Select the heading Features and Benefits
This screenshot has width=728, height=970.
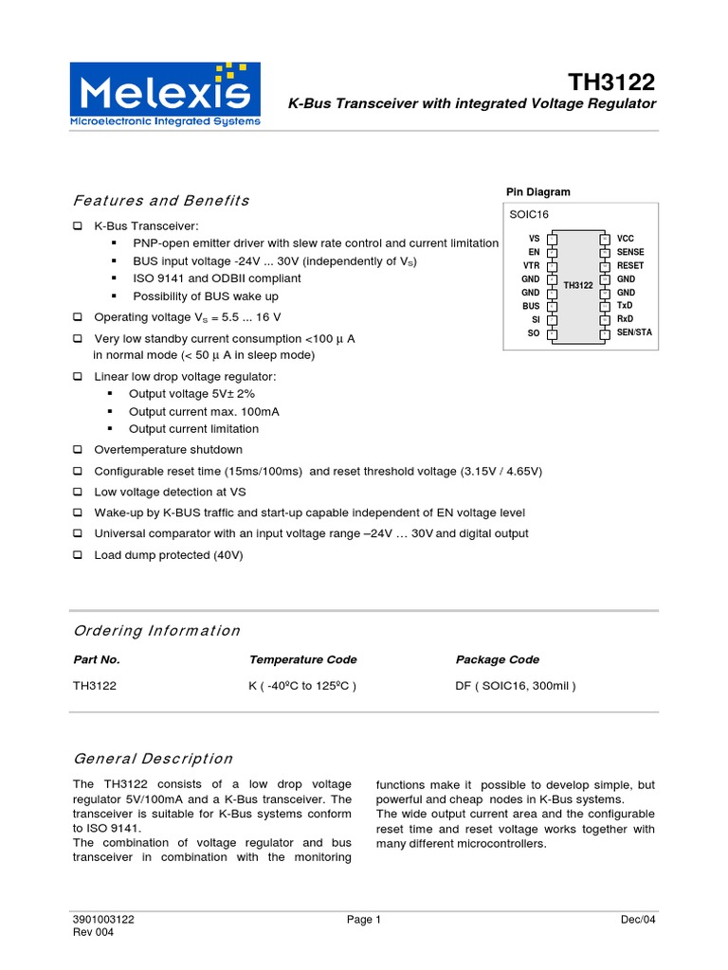pyautogui.click(x=161, y=201)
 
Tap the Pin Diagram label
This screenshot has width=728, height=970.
pyautogui.click(x=538, y=192)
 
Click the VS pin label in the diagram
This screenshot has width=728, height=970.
pyautogui.click(x=534, y=239)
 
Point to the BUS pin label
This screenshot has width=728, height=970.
pyautogui.click(x=531, y=306)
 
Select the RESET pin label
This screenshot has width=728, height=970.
pyautogui.click(x=630, y=266)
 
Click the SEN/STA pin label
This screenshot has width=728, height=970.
pyautogui.click(x=634, y=333)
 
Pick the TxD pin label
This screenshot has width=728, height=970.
pyautogui.click(x=625, y=306)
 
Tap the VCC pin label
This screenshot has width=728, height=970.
pyautogui.click(x=626, y=239)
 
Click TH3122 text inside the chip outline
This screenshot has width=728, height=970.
pyautogui.click(x=578, y=285)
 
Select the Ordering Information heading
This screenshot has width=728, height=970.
pyautogui.click(x=156, y=631)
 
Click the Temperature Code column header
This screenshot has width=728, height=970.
pyautogui.click(x=302, y=660)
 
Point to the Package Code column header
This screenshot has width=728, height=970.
pyautogui.click(x=498, y=660)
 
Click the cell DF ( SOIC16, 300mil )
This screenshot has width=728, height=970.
pyautogui.click(x=516, y=686)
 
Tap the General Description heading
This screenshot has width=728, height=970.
pyautogui.click(x=153, y=759)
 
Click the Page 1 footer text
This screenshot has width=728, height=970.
pyautogui.click(x=364, y=920)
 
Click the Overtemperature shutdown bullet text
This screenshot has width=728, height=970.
pyautogui.click(x=168, y=449)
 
